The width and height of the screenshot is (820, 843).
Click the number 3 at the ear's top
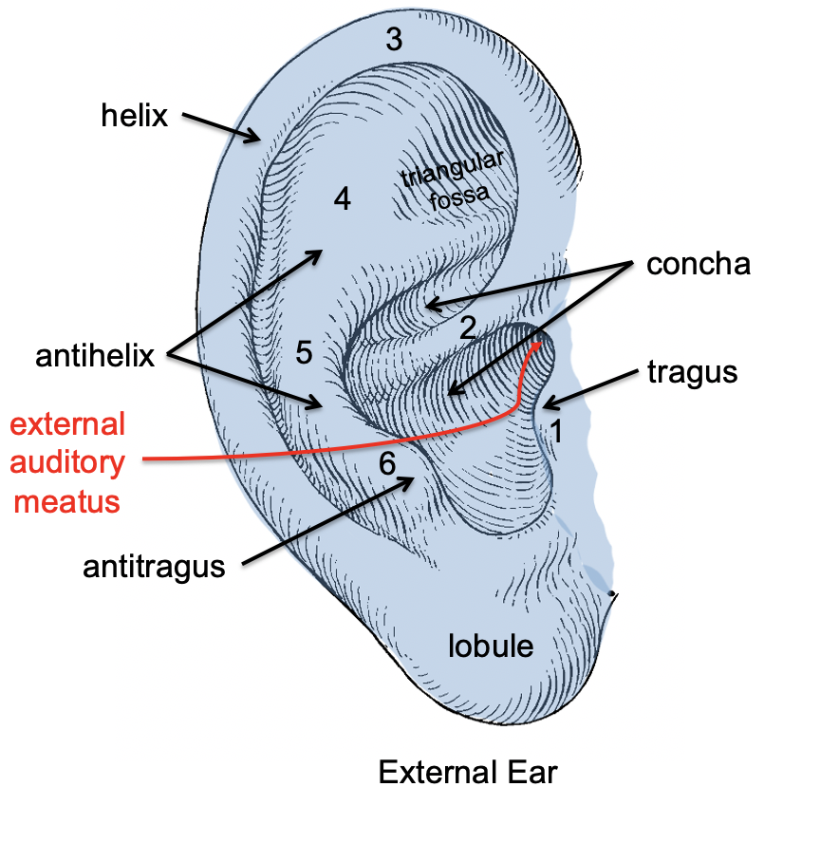tap(394, 40)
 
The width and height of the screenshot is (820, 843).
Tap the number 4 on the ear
tap(343, 199)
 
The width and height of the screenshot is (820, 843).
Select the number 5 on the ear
tap(304, 353)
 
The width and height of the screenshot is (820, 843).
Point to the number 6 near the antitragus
tap(387, 464)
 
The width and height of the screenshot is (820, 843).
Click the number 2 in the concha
tap(467, 328)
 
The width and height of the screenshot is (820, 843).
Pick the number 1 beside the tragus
tap(558, 432)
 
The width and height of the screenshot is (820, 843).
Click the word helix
tap(135, 117)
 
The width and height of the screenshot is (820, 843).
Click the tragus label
tap(693, 371)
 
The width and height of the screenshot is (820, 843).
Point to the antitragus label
tap(154, 568)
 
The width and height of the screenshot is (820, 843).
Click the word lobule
tap(491, 646)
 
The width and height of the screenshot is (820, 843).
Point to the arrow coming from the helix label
tap(220, 128)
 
